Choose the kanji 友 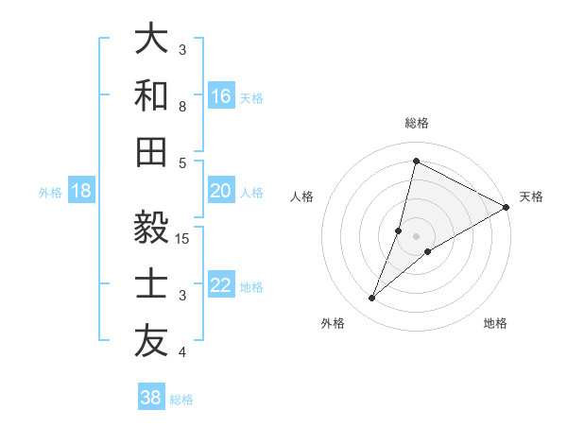pyautogui.click(x=151, y=342)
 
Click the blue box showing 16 pyautogui.click(x=221, y=95)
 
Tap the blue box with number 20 pyautogui.click(x=221, y=191)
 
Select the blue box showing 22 pyautogui.click(x=221, y=286)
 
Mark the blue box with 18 pyautogui.click(x=81, y=191)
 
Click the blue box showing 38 pyautogui.click(x=151, y=398)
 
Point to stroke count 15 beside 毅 pyautogui.click(x=183, y=238)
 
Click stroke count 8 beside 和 pyautogui.click(x=182, y=106)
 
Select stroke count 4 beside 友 pyautogui.click(x=182, y=352)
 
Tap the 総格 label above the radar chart pyautogui.click(x=417, y=123)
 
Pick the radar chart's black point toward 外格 pyautogui.click(x=372, y=299)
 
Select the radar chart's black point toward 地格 pyautogui.click(x=428, y=251)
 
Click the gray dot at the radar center pyautogui.click(x=417, y=235)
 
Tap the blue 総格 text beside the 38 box pyautogui.click(x=181, y=400)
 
